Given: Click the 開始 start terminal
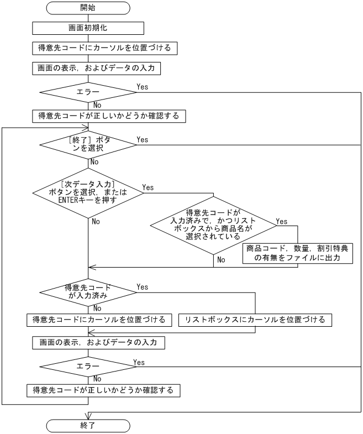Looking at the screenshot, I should tap(88, 8).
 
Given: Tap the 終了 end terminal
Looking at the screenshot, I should tap(88, 426).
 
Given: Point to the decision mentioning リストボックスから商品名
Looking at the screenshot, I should tap(213, 224).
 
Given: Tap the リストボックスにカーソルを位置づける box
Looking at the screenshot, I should tap(255, 320).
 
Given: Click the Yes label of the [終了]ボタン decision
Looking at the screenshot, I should tap(142, 140).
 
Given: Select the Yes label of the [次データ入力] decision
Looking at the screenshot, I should tap(148, 187).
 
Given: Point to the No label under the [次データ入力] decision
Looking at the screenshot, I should tap(96, 221).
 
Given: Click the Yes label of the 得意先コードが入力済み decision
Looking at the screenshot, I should tap(142, 287).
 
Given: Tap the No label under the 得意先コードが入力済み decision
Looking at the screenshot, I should tap(96, 308).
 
